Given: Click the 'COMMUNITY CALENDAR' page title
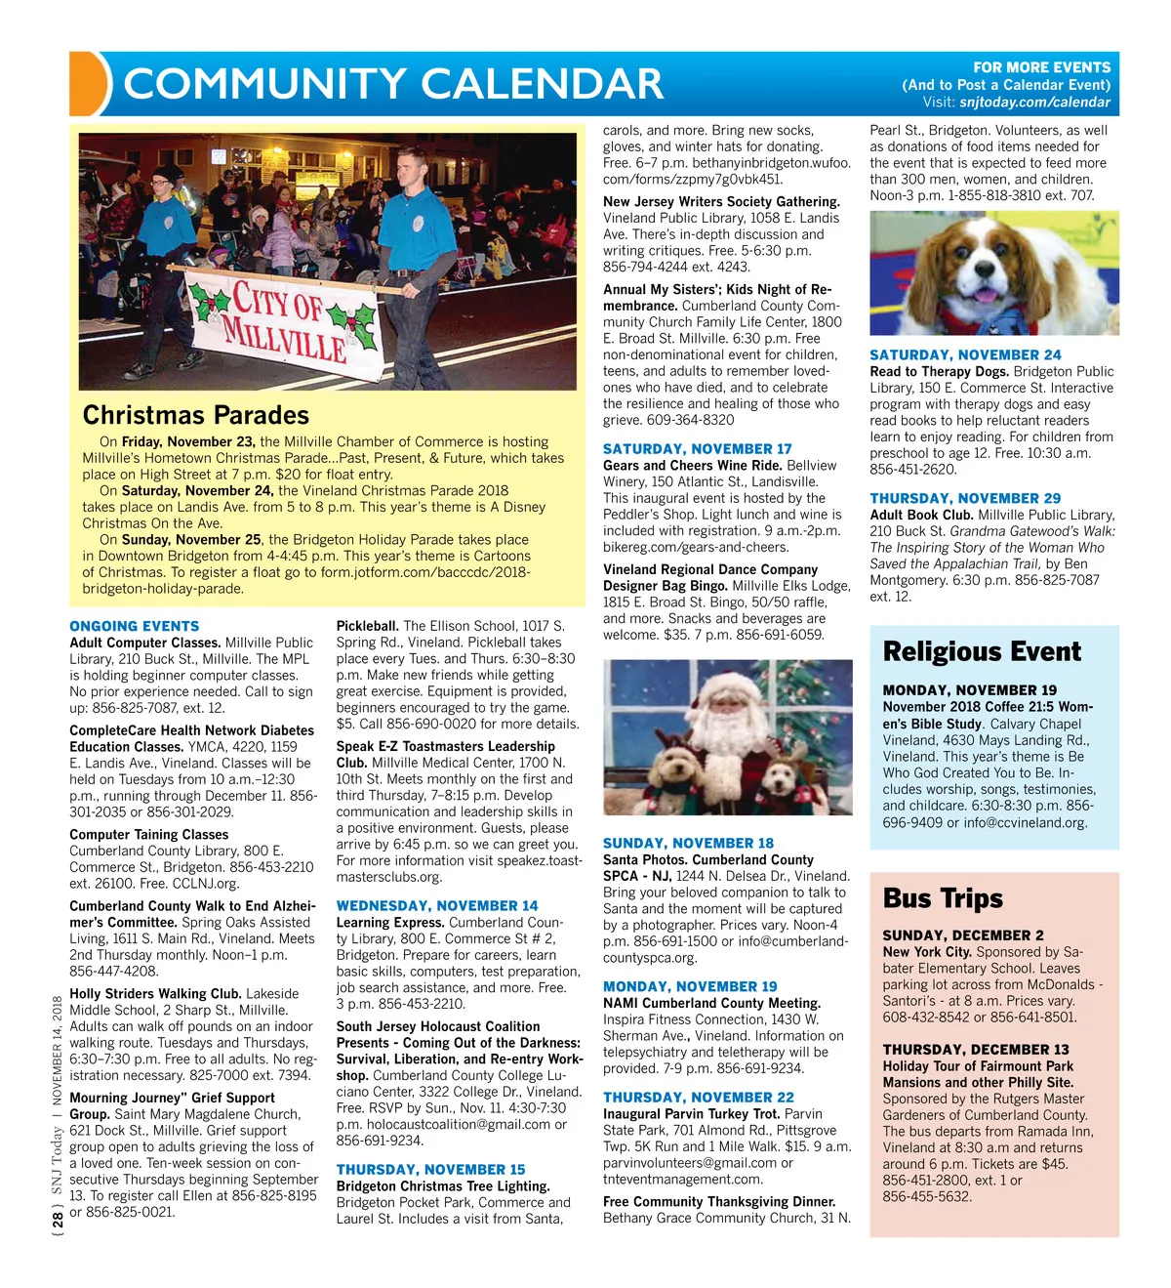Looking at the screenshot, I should tap(393, 84).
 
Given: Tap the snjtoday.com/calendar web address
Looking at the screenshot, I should tap(1034, 103).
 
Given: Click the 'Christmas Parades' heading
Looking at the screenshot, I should tap(195, 415).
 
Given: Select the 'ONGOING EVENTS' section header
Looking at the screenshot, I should tap(134, 626).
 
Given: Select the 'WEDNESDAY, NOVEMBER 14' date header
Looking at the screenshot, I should tap(436, 906).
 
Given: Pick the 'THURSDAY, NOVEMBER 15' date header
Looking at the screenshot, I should tap(430, 1170).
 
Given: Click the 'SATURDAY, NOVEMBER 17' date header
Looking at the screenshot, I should tap(697, 449).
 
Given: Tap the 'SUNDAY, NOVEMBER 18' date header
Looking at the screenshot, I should tap(688, 843).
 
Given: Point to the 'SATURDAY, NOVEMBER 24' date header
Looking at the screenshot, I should tap(965, 355).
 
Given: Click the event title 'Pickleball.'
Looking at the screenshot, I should tap(367, 626).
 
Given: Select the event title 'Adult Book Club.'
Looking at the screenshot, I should tap(921, 515).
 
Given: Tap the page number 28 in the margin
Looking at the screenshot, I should tap(59, 1220).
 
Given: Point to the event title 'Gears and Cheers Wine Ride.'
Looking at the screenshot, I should tap(692, 466).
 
